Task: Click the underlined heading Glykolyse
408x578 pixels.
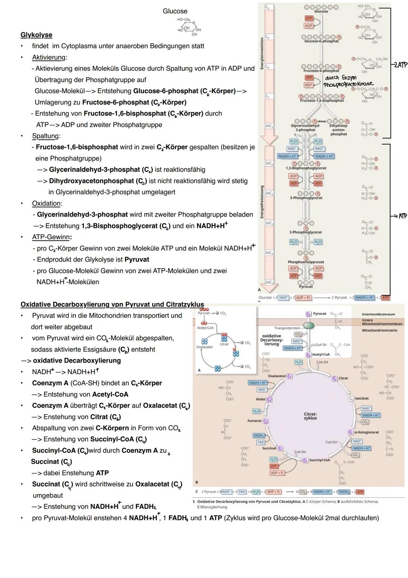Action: pyautogui.click(x=36, y=35)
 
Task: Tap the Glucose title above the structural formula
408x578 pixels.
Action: pyautogui.click(x=175, y=11)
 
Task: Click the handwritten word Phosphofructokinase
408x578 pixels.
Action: pyautogui.click(x=348, y=84)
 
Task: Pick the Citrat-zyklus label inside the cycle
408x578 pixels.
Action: pyautogui.click(x=310, y=416)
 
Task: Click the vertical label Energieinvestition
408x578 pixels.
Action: pyautogui.click(x=261, y=53)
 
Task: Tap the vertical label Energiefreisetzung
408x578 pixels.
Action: pyautogui.click(x=261, y=201)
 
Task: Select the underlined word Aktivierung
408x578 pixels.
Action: pyautogui.click(x=49, y=58)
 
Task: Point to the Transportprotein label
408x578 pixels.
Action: pyautogui.click(x=287, y=328)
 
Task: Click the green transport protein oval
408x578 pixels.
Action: pyautogui.click(x=309, y=326)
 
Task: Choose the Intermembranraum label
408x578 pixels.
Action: pyautogui.click(x=378, y=314)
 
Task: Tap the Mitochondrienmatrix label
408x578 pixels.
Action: pyautogui.click(x=380, y=330)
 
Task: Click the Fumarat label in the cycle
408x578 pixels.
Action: pyautogui.click(x=255, y=421)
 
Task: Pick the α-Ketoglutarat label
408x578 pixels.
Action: pyautogui.click(x=366, y=432)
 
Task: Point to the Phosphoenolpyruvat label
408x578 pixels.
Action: pyautogui.click(x=306, y=262)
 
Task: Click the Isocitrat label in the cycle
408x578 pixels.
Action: pyautogui.click(x=362, y=399)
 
